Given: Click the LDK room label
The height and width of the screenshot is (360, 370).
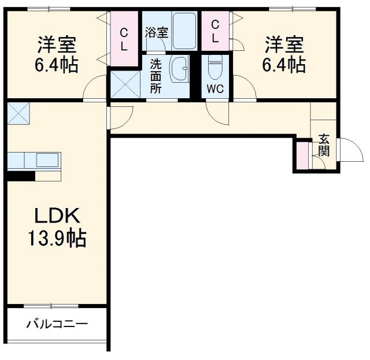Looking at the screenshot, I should pyautogui.click(x=56, y=216).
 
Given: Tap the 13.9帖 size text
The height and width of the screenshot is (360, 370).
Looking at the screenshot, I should pyautogui.click(x=56, y=237).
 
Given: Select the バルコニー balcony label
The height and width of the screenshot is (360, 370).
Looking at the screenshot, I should pyautogui.click(x=56, y=324).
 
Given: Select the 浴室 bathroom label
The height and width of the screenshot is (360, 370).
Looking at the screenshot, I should pyautogui.click(x=156, y=32).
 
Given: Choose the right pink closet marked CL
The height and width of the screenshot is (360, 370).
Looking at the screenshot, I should pyautogui.click(x=216, y=31).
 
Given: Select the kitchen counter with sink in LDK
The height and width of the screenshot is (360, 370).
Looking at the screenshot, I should pyautogui.click(x=35, y=159).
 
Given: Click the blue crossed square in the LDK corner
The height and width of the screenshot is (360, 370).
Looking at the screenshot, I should pyautogui.click(x=19, y=113).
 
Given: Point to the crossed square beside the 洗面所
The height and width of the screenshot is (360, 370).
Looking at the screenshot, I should pyautogui.click(x=125, y=83).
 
